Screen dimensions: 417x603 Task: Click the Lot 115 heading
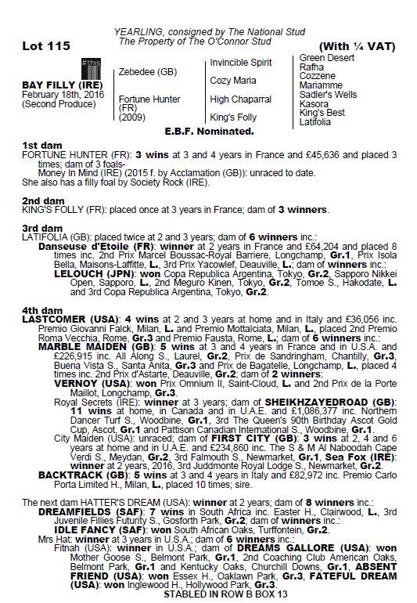point(38,47)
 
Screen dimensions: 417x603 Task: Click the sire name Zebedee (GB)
point(147,71)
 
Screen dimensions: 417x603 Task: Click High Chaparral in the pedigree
point(239,99)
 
